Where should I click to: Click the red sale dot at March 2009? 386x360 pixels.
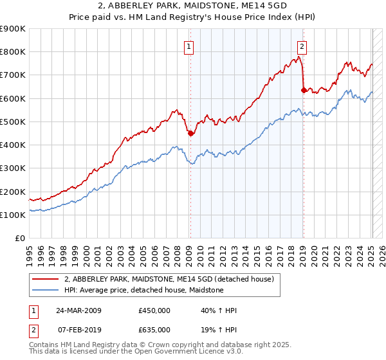point(190,134)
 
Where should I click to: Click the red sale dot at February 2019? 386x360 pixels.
point(303,90)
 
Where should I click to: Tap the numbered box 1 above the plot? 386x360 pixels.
point(189,46)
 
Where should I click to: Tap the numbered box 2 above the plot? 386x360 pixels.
point(302,46)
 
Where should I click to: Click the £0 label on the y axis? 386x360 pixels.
point(21,238)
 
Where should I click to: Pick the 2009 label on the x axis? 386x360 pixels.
point(189,251)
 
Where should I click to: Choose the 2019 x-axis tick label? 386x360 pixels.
point(303,251)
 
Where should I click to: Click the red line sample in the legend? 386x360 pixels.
point(46,279)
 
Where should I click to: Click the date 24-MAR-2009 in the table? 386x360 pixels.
point(78,310)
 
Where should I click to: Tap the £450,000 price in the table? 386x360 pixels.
point(154,310)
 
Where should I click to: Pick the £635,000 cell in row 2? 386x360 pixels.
point(154,329)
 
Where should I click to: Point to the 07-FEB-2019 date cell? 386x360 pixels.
point(78,329)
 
